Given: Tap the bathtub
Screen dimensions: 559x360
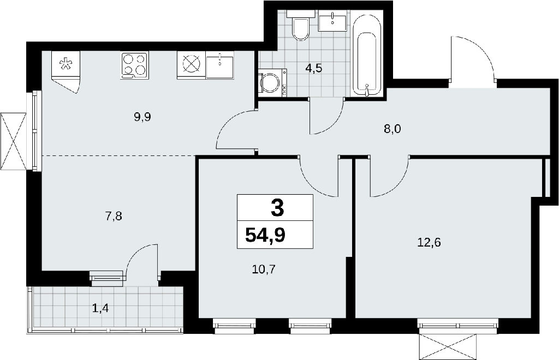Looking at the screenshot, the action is click(368, 56).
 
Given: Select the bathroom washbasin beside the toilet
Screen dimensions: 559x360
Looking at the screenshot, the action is click(332, 21).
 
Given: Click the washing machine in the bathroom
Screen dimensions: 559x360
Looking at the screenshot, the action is click(273, 82).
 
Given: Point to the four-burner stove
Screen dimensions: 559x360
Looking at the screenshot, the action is click(134, 65).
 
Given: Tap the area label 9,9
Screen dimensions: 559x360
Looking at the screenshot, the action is click(142, 117).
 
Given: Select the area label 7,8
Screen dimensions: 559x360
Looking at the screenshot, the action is click(114, 216).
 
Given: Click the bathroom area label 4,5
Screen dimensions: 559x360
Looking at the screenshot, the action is click(313, 68).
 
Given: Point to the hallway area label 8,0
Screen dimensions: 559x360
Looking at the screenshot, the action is click(392, 129).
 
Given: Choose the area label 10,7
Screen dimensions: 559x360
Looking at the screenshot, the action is click(264, 269).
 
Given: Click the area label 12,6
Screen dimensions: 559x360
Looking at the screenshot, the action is click(429, 243).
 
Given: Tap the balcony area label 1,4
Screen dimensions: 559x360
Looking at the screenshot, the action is click(100, 307).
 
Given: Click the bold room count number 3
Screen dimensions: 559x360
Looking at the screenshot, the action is click(277, 208).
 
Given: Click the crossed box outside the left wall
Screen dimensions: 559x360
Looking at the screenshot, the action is click(14, 142).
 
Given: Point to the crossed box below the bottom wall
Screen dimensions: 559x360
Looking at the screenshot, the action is click(448, 347).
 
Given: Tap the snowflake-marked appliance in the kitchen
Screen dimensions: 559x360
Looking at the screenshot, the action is click(66, 64).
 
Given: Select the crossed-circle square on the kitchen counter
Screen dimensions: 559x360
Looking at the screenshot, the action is click(192, 65).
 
